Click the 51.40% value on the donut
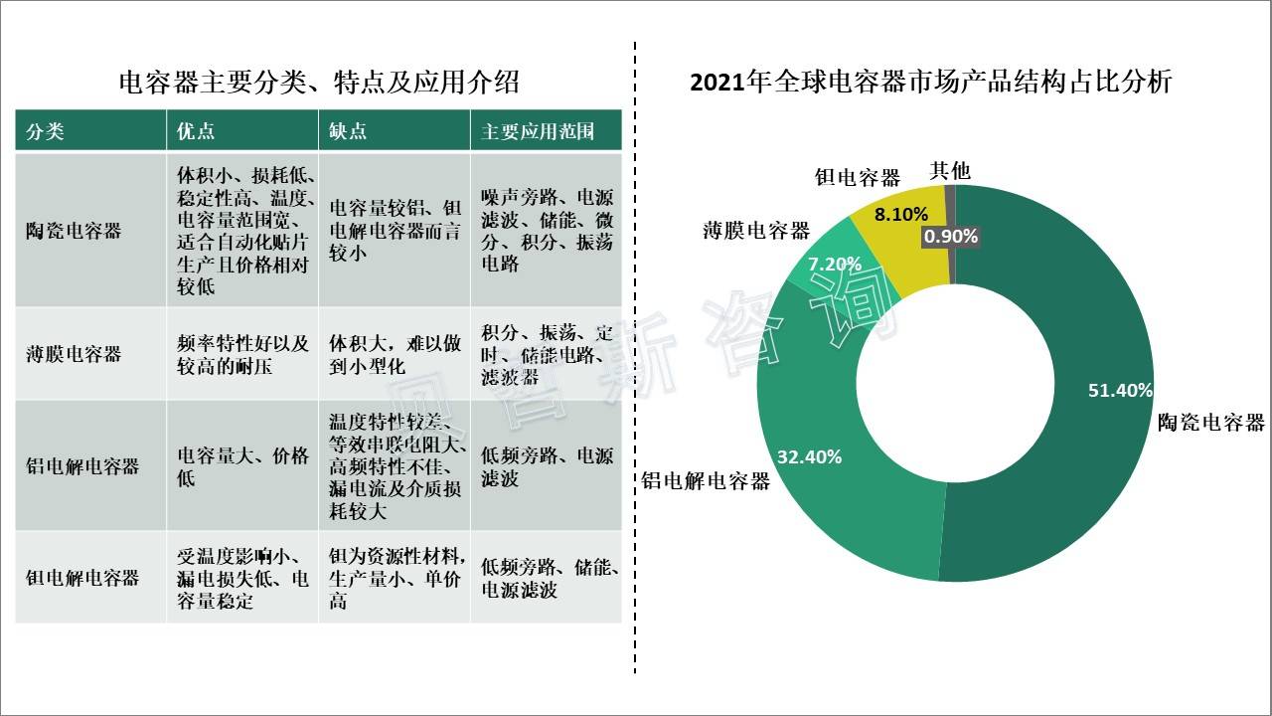[x=1120, y=391]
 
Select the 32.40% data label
[x=809, y=457]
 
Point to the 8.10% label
[x=901, y=214]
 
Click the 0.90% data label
[x=951, y=237]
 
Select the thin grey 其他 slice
[x=950, y=204]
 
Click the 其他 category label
[x=949, y=170]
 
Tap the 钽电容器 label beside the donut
[x=857, y=178]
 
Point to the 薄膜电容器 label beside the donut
[x=756, y=232]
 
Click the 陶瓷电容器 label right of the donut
[x=1210, y=423]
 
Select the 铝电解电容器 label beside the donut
[x=706, y=482]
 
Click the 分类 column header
[x=45, y=131]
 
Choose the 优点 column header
[x=196, y=131]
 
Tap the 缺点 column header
[x=349, y=131]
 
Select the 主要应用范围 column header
[x=538, y=131]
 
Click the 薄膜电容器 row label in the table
[x=74, y=354]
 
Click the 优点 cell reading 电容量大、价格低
[x=242, y=466]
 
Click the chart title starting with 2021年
[x=930, y=82]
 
